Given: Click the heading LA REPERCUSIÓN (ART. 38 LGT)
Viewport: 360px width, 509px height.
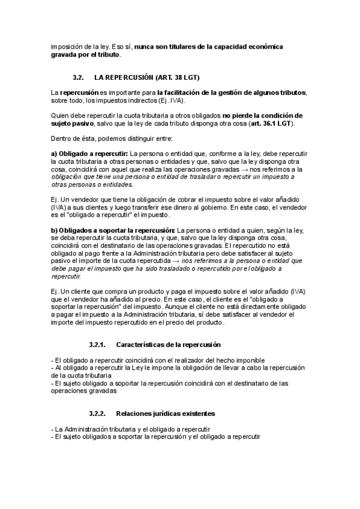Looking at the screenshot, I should click(x=147, y=78).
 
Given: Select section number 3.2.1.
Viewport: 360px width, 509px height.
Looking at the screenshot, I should click(x=97, y=345).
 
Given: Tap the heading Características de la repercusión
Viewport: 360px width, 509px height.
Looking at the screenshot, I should click(x=168, y=345).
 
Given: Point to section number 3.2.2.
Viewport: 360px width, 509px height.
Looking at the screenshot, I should click(x=97, y=414).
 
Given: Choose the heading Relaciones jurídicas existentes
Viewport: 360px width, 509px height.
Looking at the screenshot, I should click(x=166, y=414).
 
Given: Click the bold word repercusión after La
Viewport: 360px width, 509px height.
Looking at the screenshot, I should click(x=79, y=92).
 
